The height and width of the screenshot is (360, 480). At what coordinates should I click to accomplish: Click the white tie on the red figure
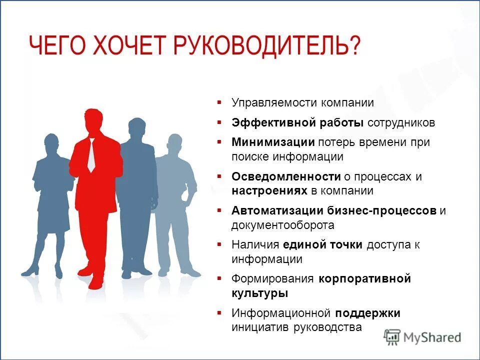click(x=91, y=155)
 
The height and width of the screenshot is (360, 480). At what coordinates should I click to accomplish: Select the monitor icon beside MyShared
click(x=392, y=336)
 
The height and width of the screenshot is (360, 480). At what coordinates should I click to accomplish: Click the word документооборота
click(x=282, y=225)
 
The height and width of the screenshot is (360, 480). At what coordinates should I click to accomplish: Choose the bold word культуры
click(x=259, y=293)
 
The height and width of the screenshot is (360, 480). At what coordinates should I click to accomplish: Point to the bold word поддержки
click(x=367, y=313)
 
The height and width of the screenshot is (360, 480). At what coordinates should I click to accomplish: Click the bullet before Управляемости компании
click(x=219, y=102)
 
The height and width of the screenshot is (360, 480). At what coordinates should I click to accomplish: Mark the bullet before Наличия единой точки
click(x=219, y=244)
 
